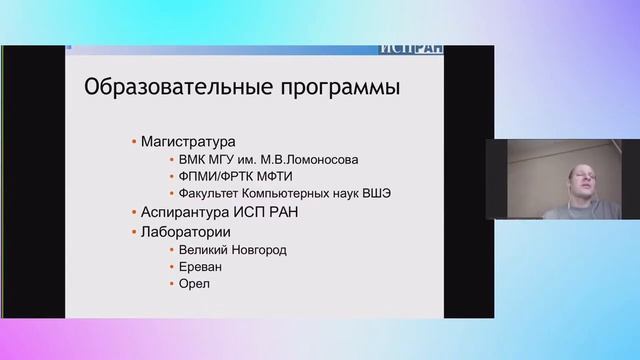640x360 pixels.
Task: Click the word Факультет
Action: [x=211, y=194]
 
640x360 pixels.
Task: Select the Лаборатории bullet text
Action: [x=186, y=232]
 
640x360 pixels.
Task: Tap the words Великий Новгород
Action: [x=232, y=250]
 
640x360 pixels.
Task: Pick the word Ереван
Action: [x=201, y=268]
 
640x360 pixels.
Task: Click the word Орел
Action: [x=195, y=286]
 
